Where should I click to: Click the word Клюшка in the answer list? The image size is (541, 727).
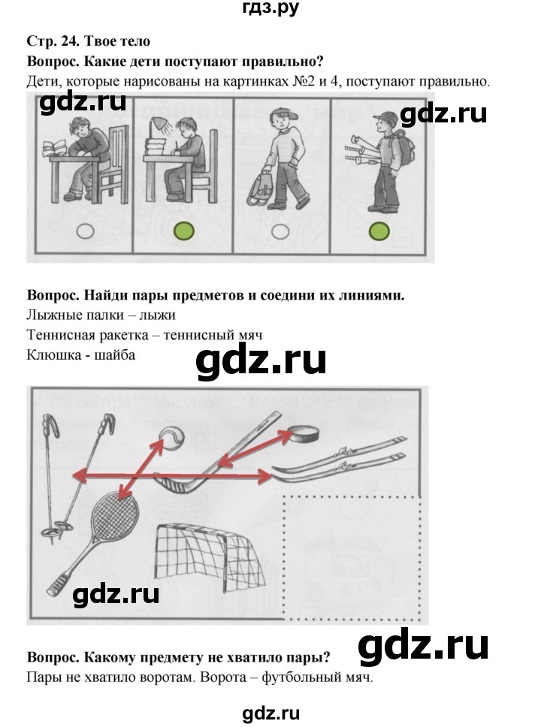tap(50, 354)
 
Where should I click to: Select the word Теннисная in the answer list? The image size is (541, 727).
tap(59, 335)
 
